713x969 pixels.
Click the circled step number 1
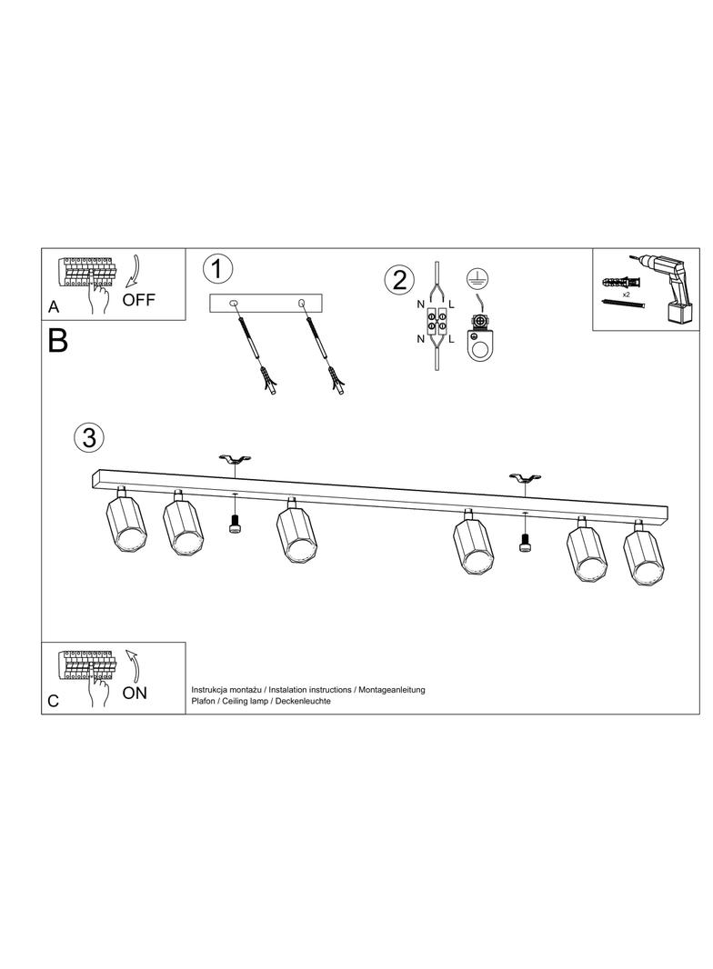point(217,270)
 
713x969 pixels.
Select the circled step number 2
point(399,280)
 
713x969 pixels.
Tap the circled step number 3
point(89,438)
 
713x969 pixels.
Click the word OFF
point(138,300)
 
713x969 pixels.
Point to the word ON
point(135,693)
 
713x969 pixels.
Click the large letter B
point(57,340)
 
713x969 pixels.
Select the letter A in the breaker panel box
point(54,307)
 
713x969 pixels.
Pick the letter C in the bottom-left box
point(53,701)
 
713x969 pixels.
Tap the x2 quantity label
point(626,295)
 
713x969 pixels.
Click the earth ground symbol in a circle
point(474,277)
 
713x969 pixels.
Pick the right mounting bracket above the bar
point(525,478)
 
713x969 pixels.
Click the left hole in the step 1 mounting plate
point(233,303)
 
